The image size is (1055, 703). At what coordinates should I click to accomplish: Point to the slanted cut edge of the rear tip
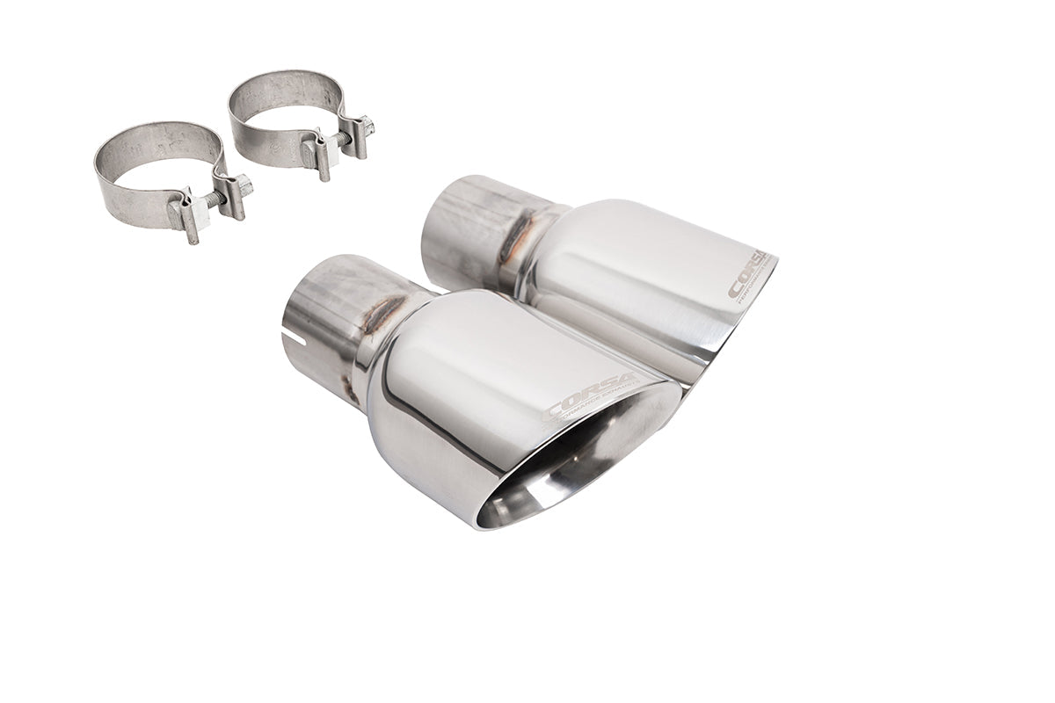743,316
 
